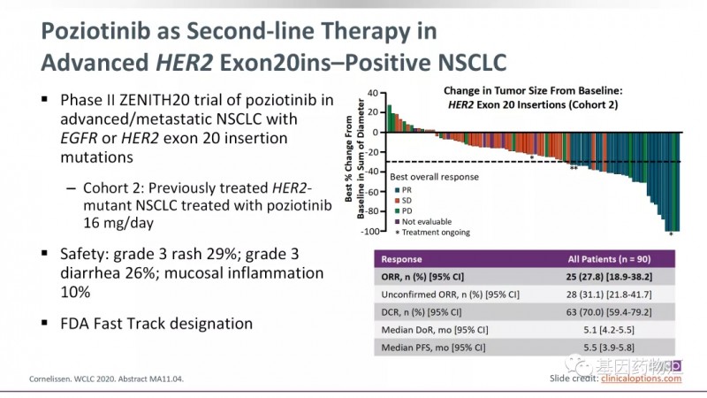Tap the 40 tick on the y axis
pyautogui.click(x=371, y=92)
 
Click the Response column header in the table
pyautogui.click(x=401, y=260)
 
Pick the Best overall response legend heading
pyautogui.click(x=435, y=176)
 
